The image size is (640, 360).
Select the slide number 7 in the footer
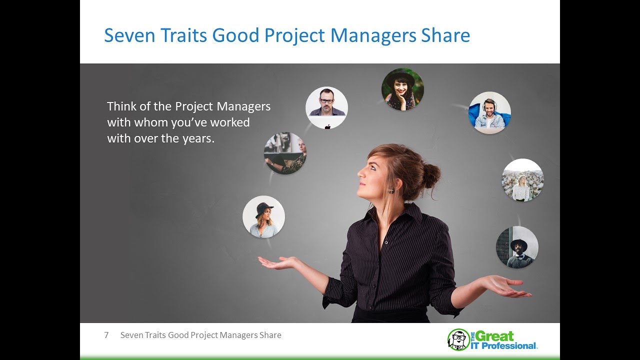click(106, 335)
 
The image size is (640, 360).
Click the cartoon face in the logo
click(458, 339)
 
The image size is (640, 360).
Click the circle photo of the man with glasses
click(326, 107)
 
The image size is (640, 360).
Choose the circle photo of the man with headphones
click(489, 112)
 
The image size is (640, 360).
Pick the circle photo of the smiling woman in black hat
click(402, 89)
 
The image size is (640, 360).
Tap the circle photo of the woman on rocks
click(522, 180)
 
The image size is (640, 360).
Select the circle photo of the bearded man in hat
click(517, 247)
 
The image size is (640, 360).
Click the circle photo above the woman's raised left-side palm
click(263, 216)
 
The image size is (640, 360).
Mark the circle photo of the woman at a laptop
click(285, 153)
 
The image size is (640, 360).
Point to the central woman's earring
click(391, 190)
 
